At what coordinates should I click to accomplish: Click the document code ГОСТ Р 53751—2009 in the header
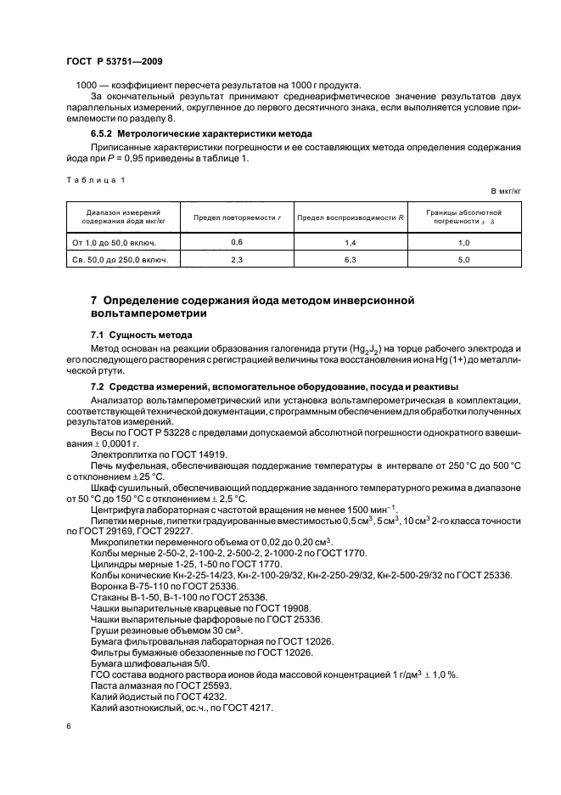tap(114, 61)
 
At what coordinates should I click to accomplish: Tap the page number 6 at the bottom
tap(68, 726)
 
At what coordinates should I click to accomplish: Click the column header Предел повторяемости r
tap(237, 217)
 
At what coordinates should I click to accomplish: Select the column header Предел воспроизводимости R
tap(349, 217)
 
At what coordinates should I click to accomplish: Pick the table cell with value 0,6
tap(237, 242)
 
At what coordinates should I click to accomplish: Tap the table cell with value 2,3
tap(237, 259)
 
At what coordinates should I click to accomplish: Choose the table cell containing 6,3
tap(349, 259)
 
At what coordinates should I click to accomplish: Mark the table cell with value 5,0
tap(464, 259)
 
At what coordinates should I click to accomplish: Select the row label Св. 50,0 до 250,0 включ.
tap(121, 259)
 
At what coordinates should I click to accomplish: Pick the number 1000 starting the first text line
tap(87, 84)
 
